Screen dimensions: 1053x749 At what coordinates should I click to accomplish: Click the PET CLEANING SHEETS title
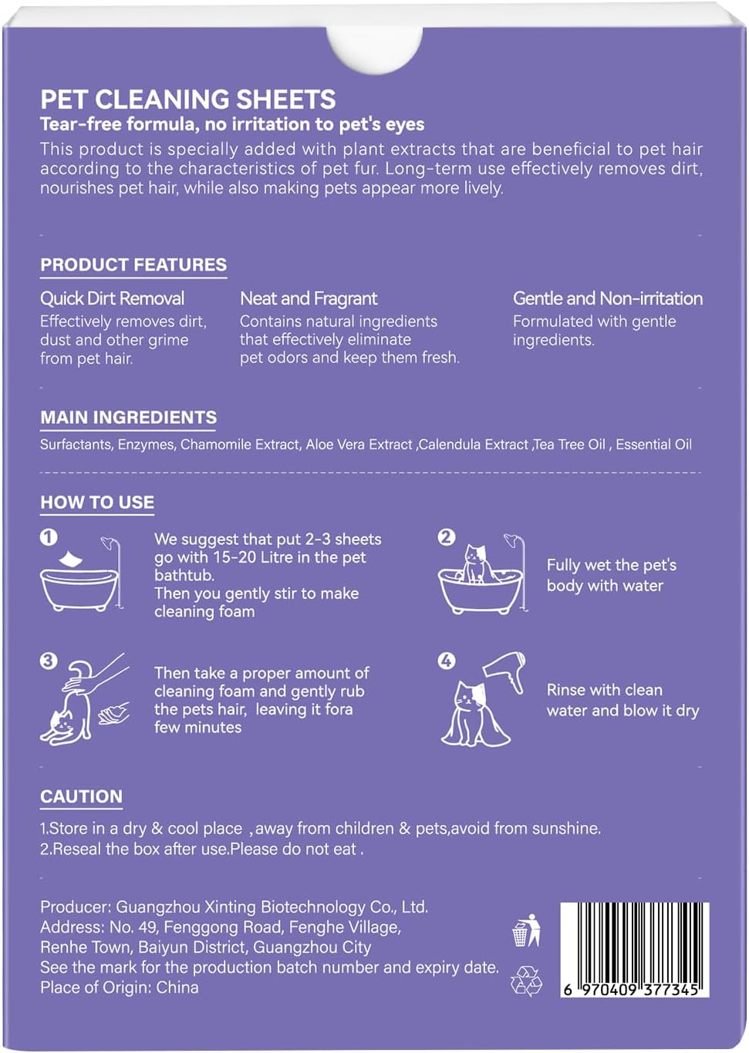[187, 99]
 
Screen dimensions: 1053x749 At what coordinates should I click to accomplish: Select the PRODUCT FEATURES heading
[133, 265]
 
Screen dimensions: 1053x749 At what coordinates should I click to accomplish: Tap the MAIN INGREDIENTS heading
[128, 418]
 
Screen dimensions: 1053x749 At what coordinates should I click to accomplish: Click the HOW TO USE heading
[97, 503]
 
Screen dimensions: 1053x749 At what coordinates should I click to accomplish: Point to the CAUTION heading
[81, 797]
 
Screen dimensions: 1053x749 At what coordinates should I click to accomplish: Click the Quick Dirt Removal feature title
[112, 298]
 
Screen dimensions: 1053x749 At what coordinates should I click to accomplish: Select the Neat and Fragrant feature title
[309, 298]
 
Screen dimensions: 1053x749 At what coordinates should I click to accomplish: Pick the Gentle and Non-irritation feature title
[607, 298]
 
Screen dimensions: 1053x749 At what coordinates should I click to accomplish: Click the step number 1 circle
[49, 537]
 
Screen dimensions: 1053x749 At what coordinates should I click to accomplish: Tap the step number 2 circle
[447, 537]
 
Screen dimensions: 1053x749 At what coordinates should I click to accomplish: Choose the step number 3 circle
[49, 661]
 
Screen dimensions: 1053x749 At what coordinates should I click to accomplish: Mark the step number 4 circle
[447, 661]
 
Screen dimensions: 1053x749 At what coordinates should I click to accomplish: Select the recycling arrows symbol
[526, 981]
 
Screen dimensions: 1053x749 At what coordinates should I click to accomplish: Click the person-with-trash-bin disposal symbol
[526, 930]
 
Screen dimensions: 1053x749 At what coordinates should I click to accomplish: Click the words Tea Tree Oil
[571, 445]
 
